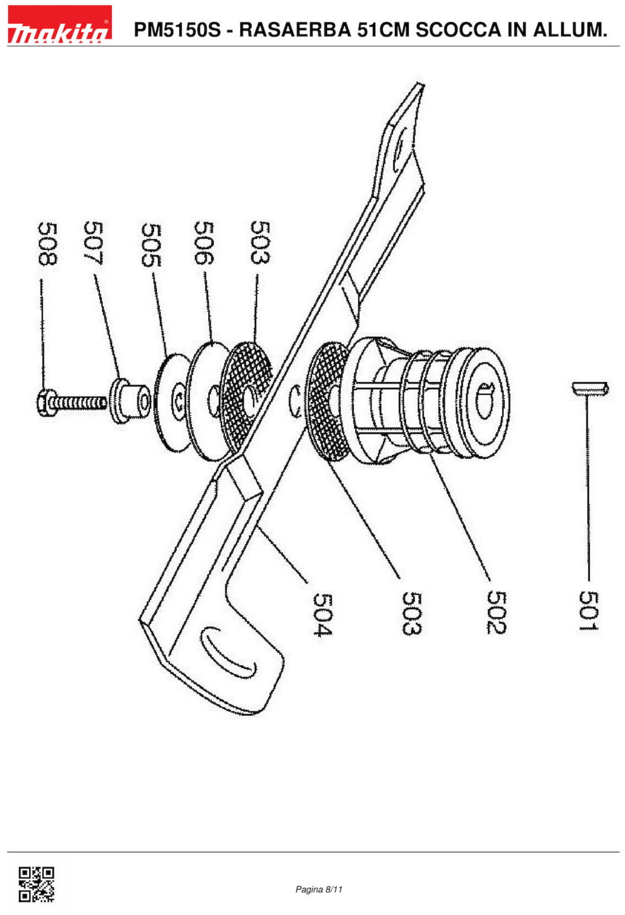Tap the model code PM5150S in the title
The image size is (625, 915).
177,30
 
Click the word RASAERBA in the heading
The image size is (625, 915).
295,30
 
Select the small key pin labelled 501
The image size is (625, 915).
590,389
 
